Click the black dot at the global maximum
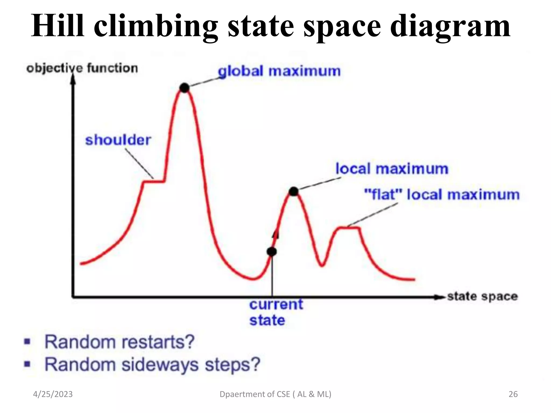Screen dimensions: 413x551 pyautogui.click(x=185, y=88)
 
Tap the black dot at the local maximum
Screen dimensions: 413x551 pyautogui.click(x=294, y=191)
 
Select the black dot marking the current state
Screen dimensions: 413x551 pyautogui.click(x=272, y=252)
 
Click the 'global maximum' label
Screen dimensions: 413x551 pyautogui.click(x=279, y=72)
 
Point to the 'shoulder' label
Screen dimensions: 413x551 pyautogui.click(x=118, y=140)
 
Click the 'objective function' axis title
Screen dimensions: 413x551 pyautogui.click(x=82, y=68)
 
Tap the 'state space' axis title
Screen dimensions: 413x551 pyautogui.click(x=482, y=296)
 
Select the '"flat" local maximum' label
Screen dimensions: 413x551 pyautogui.click(x=441, y=195)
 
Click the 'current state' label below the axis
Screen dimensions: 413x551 pyautogui.click(x=276, y=312)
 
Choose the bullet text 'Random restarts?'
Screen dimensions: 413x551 pyautogui.click(x=119, y=342)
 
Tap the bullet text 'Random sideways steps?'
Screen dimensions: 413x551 pyautogui.click(x=152, y=365)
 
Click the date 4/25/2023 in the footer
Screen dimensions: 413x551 pyautogui.click(x=53, y=394)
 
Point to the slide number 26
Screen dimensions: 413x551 pyautogui.click(x=513, y=394)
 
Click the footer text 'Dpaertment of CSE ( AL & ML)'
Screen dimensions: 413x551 pyautogui.click(x=275, y=394)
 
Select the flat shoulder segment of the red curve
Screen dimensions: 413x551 pyautogui.click(x=154, y=182)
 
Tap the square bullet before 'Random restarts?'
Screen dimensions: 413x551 pyautogui.click(x=27, y=342)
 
